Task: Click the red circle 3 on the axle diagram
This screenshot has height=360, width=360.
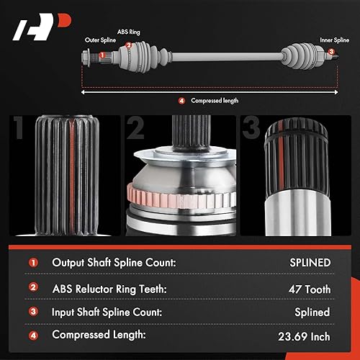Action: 330,52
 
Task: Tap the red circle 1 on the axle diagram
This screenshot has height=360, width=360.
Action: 103,55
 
